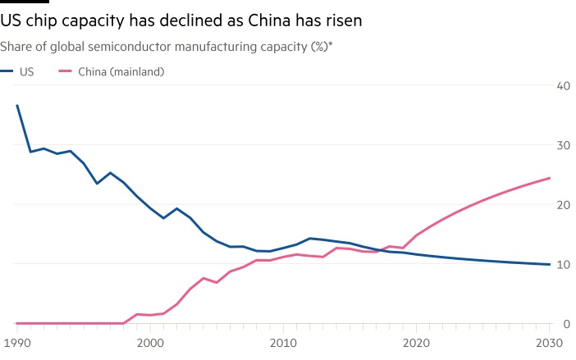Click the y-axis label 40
[x=563, y=85]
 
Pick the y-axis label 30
[x=563, y=145]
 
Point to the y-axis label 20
[x=563, y=204]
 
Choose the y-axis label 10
[x=563, y=264]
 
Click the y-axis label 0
[x=566, y=323]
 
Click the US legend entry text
[x=26, y=72]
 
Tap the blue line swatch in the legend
[x=7, y=72]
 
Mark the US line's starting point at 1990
[x=16, y=105]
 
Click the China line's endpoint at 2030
[x=550, y=178]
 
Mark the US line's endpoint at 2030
[x=550, y=264]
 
